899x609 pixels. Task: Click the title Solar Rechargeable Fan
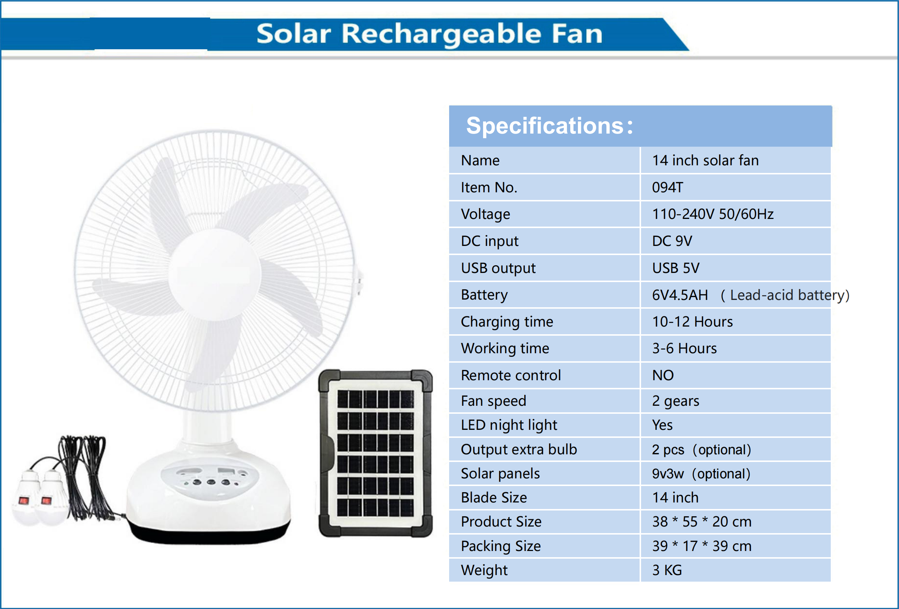[429, 34]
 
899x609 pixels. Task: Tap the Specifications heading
[549, 126]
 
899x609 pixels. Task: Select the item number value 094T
[668, 187]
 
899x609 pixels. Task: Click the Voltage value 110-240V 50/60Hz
[713, 214]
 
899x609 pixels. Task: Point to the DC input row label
[489, 241]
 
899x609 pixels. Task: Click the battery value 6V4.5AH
[680, 295]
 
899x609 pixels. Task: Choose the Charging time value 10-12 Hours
[692, 321]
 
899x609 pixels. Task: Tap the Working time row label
[505, 348]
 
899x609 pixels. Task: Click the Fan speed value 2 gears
[675, 401]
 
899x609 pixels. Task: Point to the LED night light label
[509, 425]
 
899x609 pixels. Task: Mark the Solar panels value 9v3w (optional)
[701, 474]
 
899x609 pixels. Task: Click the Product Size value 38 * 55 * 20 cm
[702, 521]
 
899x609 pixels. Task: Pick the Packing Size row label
[501, 546]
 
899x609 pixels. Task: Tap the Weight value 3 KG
[667, 570]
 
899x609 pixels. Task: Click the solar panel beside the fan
[375, 454]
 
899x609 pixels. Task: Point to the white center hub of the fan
[215, 274]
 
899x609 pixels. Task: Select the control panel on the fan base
[210, 480]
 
